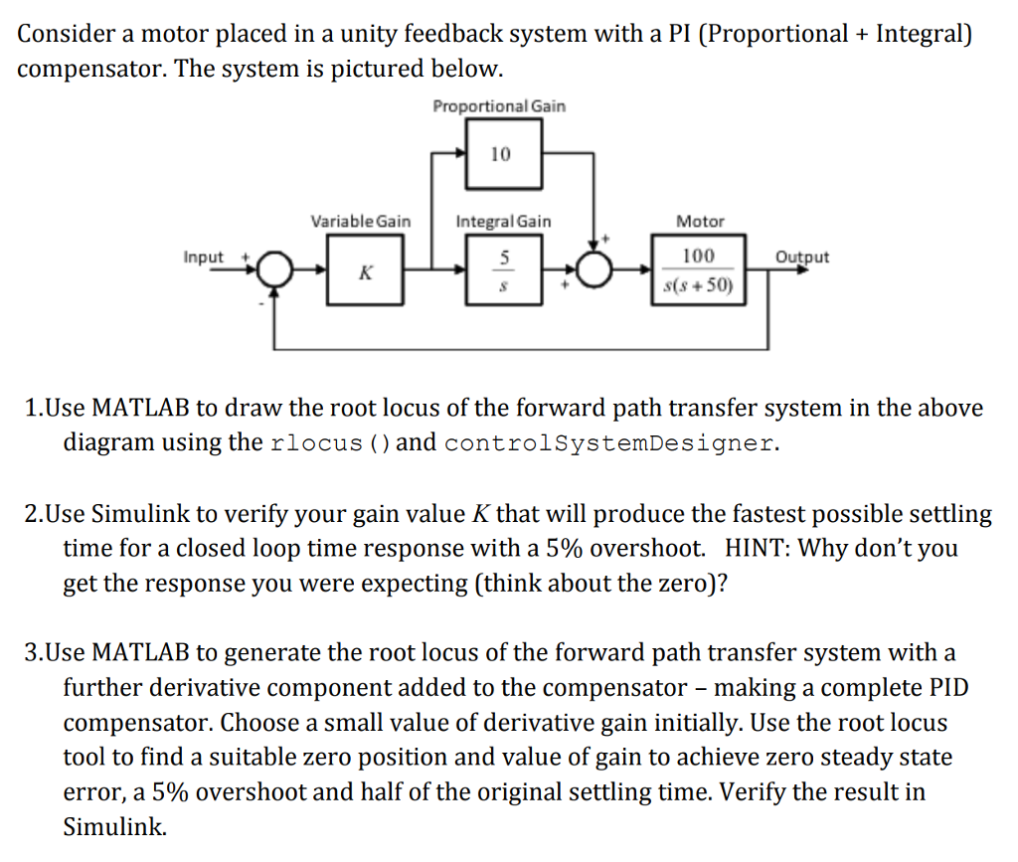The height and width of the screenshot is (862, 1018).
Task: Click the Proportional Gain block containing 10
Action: point(503,154)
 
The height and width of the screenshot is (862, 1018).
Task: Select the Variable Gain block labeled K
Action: point(365,270)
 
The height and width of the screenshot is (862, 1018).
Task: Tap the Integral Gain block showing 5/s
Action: point(503,270)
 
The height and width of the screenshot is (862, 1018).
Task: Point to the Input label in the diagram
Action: point(204,258)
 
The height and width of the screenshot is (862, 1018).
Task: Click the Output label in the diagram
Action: point(802,258)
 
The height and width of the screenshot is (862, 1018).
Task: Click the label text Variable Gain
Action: point(360,221)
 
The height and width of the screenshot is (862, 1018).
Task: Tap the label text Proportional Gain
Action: point(499,106)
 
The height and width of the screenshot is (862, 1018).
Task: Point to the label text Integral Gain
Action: point(503,221)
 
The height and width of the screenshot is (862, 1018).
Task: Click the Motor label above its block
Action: point(700,221)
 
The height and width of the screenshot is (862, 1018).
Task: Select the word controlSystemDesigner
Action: point(608,443)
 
